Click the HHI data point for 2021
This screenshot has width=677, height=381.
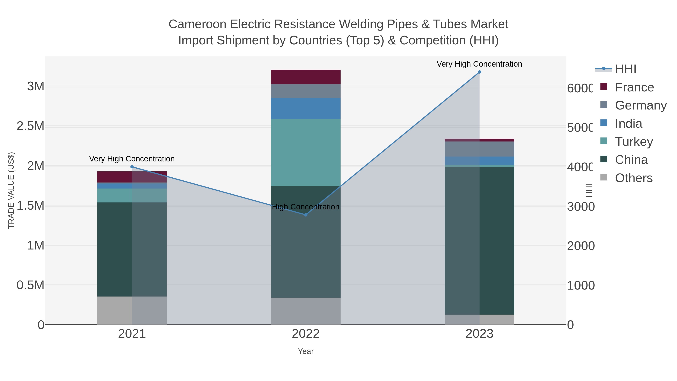(132, 167)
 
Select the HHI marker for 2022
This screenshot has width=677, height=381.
(306, 215)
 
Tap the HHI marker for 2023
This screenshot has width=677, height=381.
(479, 72)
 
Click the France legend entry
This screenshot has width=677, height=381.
(634, 87)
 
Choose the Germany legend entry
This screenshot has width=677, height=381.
(641, 105)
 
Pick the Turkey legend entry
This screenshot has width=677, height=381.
(634, 142)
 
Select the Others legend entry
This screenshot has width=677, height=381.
(633, 178)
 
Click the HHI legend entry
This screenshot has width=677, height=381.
(625, 69)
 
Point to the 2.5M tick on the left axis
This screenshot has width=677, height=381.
(30, 126)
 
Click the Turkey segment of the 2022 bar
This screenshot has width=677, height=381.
(306, 153)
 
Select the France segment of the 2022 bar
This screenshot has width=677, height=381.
(306, 77)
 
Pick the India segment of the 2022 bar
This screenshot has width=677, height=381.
(306, 108)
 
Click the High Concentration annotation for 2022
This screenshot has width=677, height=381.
(306, 207)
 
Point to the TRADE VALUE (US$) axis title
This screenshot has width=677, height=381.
(11, 190)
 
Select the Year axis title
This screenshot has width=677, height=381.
(306, 351)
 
